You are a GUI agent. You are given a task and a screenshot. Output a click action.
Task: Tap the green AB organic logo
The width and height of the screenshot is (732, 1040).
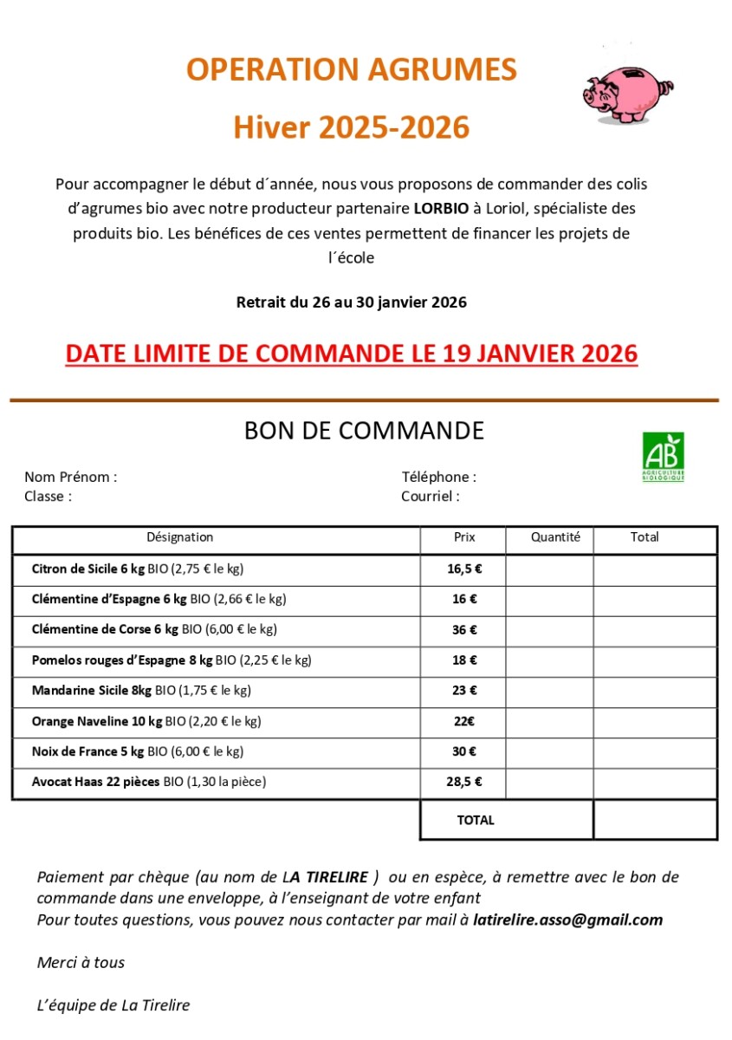pos(663,457)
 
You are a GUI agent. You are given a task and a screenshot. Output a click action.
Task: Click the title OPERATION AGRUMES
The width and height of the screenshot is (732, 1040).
pos(352,69)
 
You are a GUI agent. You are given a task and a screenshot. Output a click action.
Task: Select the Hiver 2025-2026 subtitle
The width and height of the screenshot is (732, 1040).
pos(352,127)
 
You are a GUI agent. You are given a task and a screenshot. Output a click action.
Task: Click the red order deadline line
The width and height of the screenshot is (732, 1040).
pos(352,354)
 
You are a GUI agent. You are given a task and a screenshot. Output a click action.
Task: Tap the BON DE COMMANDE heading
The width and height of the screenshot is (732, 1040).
pos(364,431)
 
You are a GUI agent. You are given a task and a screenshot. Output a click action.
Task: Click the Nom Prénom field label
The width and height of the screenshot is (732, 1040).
pos(70,477)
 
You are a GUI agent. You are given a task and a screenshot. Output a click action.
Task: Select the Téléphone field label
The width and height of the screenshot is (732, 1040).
pos(438,477)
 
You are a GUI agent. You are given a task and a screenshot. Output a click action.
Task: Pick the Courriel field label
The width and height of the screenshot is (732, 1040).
pos(430,497)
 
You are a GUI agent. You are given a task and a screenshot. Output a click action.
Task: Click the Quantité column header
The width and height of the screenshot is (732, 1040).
pos(555,537)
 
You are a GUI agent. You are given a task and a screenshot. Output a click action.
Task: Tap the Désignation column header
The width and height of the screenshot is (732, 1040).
pos(179,537)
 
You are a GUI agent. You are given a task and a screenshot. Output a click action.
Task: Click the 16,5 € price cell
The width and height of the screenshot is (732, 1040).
pos(464,569)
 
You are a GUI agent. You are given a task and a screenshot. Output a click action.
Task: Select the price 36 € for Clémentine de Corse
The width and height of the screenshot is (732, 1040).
pos(464,630)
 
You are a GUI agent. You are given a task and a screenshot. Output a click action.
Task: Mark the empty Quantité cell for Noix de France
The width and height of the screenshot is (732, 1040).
pos(549,751)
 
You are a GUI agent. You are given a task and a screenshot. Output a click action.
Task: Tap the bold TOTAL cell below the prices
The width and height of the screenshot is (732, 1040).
pos(476,820)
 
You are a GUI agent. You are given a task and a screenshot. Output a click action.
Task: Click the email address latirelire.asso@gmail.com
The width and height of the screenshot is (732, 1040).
pos(568,920)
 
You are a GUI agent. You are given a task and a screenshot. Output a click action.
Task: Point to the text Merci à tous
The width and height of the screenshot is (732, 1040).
pos(81,963)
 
